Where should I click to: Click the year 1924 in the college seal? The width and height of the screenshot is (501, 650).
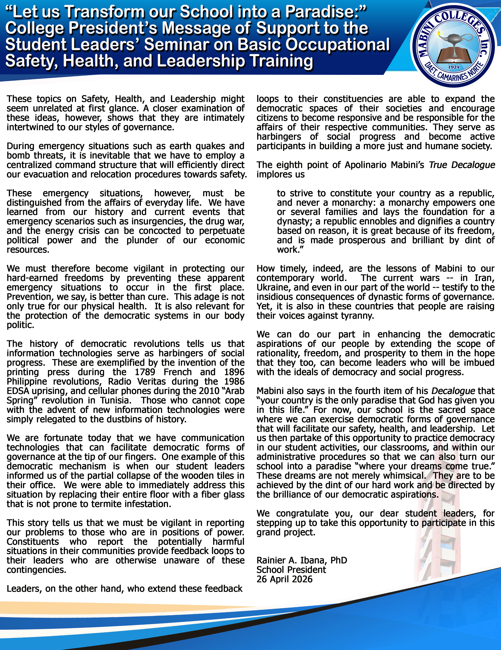[x=454, y=67]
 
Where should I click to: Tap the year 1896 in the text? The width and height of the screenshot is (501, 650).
[x=234, y=372]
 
